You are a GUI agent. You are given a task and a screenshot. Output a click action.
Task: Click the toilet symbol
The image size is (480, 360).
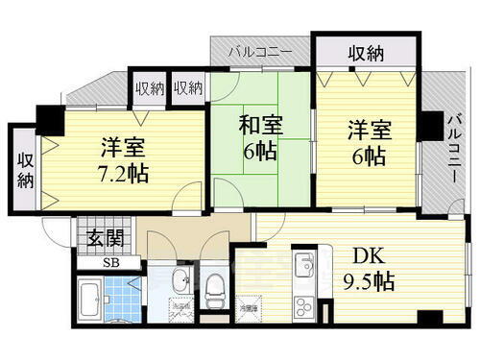[215, 285]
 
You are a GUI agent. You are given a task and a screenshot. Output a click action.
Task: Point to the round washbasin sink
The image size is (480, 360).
[180, 281]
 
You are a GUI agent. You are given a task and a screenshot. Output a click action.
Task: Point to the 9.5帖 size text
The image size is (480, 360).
[369, 283]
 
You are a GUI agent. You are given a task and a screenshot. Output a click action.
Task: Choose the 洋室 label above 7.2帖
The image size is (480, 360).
[121, 148]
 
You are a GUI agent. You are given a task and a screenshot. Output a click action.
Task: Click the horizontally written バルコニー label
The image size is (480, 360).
[261, 51]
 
